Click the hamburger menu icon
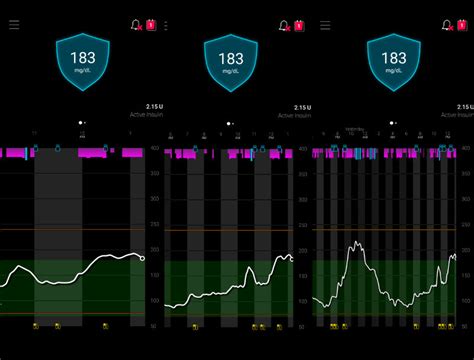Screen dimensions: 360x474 click(x=14, y=24)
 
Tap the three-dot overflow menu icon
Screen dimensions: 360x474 click(x=166, y=24)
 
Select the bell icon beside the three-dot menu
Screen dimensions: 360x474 click(x=136, y=24)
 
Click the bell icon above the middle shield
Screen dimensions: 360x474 click(x=283, y=24)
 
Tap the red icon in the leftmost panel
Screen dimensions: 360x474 click(x=151, y=24)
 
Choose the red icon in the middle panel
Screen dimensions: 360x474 click(x=297, y=24)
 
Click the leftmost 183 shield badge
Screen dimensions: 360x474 click(x=83, y=61)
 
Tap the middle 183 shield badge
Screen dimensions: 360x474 click(x=231, y=61)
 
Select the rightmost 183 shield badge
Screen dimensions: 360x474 click(x=393, y=61)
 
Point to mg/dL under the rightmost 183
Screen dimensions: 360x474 click(x=393, y=71)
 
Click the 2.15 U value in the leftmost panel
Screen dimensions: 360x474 click(x=153, y=106)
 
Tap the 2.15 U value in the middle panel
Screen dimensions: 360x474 click(x=302, y=106)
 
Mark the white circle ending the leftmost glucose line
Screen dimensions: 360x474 click(x=142, y=258)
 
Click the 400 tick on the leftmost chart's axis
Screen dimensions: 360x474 click(x=155, y=149)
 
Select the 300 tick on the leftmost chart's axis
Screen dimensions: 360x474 click(x=155, y=199)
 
